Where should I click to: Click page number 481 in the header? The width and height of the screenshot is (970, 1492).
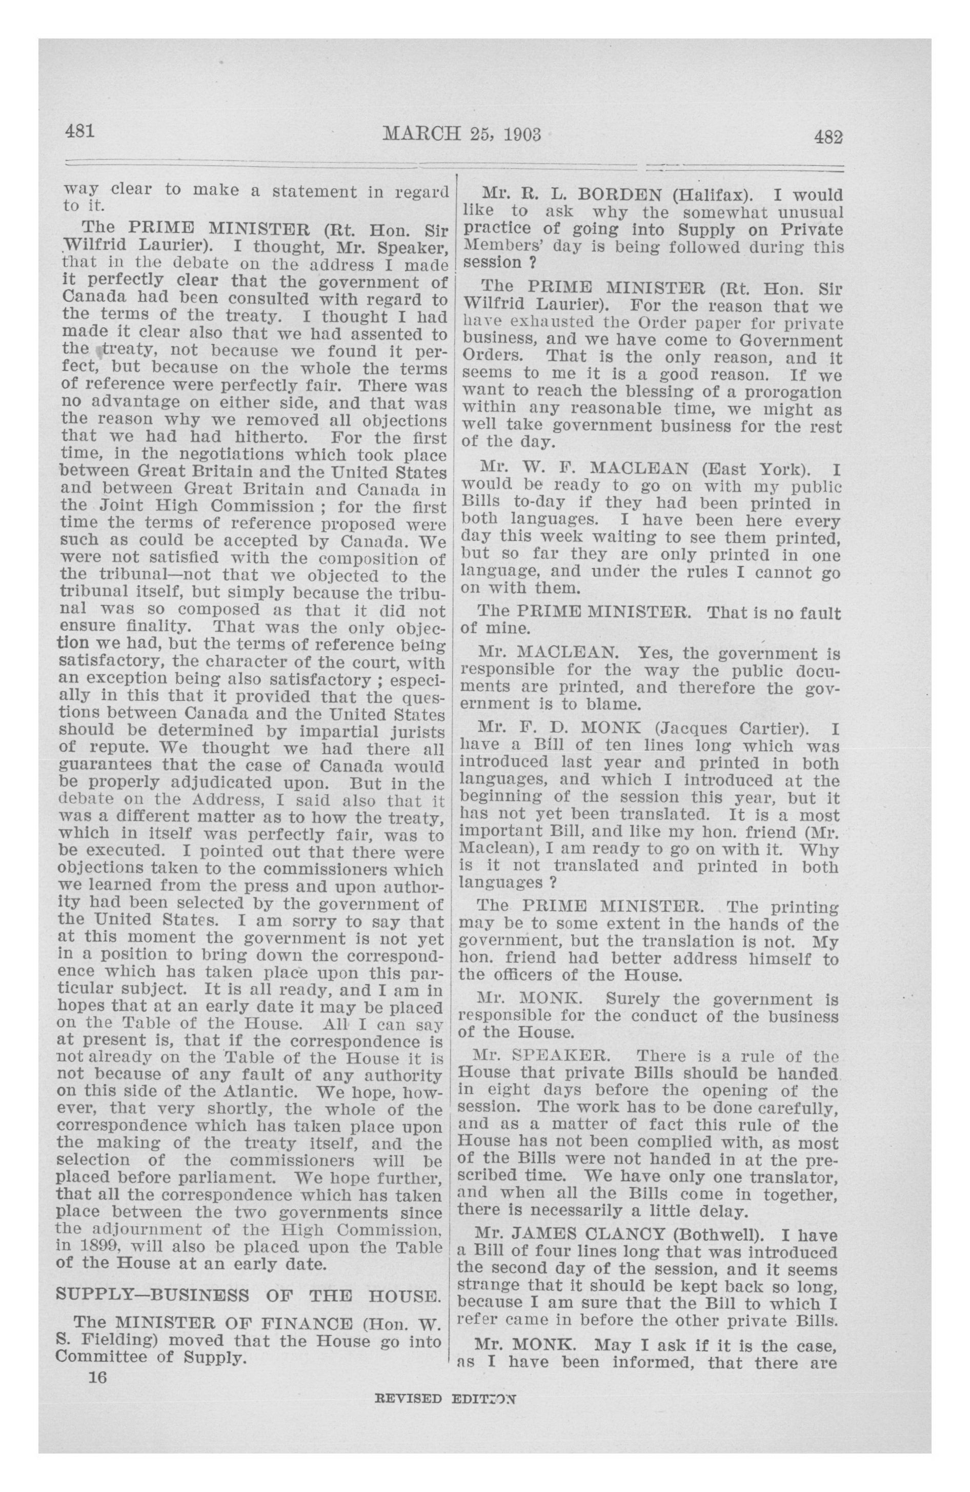79,132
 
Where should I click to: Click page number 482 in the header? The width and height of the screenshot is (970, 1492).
828,136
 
